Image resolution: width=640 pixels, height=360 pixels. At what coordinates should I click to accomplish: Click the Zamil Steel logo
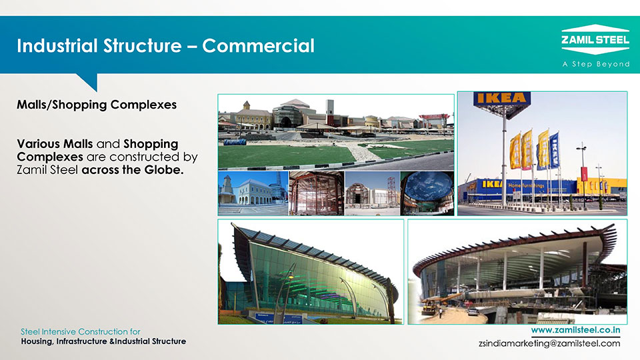click(x=595, y=39)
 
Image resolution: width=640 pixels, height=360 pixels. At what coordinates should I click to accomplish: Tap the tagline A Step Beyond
click(x=596, y=64)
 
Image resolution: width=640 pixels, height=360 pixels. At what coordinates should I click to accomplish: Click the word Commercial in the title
click(x=259, y=46)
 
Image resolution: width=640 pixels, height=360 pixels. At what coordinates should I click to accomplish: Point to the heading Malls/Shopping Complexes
click(x=97, y=105)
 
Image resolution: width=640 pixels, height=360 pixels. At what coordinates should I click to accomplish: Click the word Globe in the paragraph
click(x=163, y=170)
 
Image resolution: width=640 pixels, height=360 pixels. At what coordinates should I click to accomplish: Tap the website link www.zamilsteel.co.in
click(x=575, y=330)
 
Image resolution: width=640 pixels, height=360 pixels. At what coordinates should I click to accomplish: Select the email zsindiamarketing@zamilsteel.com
click(x=549, y=343)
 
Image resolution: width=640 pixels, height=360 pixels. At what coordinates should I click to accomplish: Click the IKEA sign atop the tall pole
click(x=502, y=99)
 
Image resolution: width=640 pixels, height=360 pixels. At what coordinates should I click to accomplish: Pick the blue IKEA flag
click(x=554, y=150)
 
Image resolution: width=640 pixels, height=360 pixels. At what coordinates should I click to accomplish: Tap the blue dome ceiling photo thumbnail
click(x=427, y=193)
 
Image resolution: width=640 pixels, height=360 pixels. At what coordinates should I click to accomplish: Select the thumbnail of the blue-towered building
click(x=253, y=193)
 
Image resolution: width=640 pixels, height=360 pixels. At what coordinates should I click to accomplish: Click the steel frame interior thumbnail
click(x=317, y=193)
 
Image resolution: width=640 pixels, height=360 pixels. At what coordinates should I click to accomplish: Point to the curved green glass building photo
click(x=311, y=272)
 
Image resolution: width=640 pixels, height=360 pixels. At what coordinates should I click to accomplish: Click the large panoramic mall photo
click(x=336, y=132)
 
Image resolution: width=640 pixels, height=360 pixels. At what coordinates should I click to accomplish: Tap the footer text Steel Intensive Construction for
click(x=81, y=331)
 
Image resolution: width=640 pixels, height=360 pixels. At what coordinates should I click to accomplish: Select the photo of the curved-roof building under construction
click(x=517, y=272)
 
